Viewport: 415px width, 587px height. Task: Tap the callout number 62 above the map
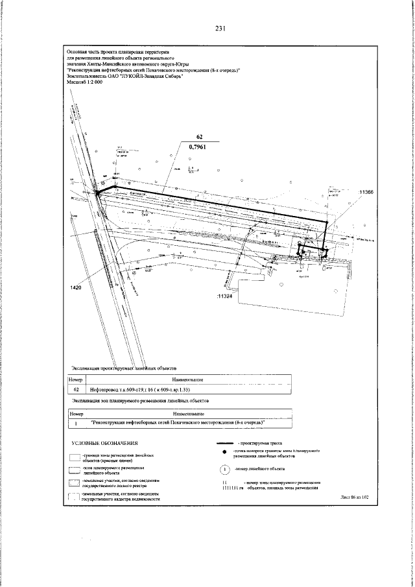coord(200,137)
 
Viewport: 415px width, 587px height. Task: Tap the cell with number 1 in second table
coord(77,424)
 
